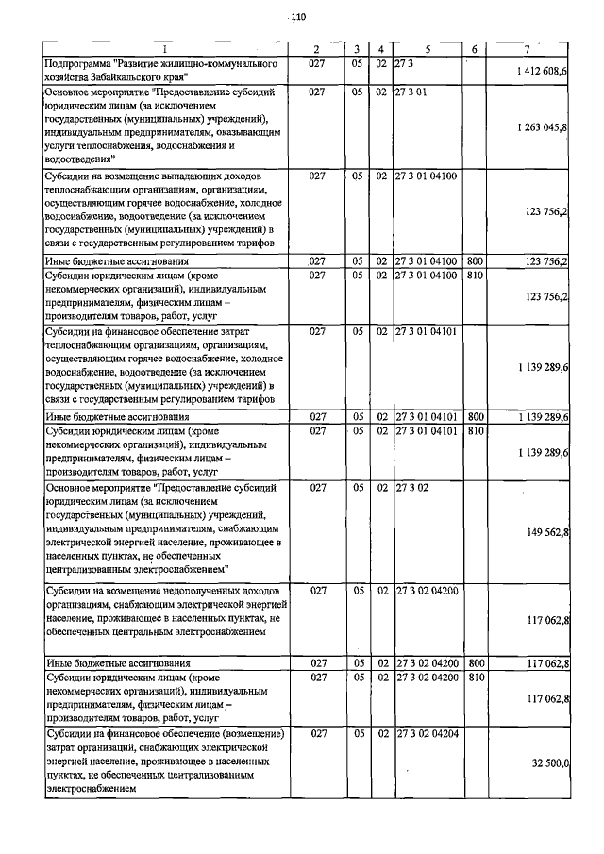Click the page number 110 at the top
299,16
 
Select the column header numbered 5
428,48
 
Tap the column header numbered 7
528,48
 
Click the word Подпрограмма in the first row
80,62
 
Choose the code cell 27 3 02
412,487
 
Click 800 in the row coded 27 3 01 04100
476,260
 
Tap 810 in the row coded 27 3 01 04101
476,431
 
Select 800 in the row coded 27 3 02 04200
476,662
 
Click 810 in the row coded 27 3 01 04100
476,275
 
